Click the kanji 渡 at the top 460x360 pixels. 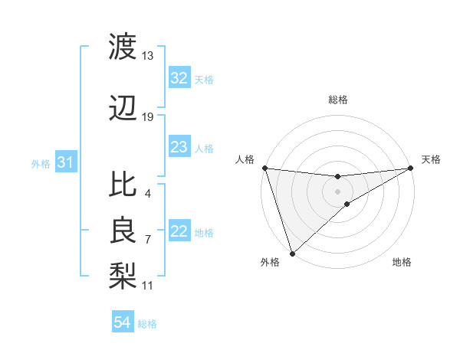point(123,47)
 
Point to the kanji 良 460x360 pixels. point(123,229)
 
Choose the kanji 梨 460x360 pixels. point(123,272)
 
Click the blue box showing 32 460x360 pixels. point(179,78)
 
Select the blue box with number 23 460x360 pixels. point(179,147)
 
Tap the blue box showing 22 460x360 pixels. point(179,232)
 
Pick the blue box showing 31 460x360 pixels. point(65,162)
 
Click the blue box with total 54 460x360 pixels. point(122,323)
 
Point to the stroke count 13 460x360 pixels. point(147,56)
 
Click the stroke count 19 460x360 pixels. point(147,117)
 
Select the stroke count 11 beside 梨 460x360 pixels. point(147,286)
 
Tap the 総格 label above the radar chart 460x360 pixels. point(338,100)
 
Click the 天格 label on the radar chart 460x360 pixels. point(431,159)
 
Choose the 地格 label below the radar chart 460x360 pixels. point(402,262)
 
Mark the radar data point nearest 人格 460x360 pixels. point(264,168)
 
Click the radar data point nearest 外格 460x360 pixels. point(291,253)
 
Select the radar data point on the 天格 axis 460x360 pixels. point(411,168)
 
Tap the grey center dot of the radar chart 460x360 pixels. point(338,191)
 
